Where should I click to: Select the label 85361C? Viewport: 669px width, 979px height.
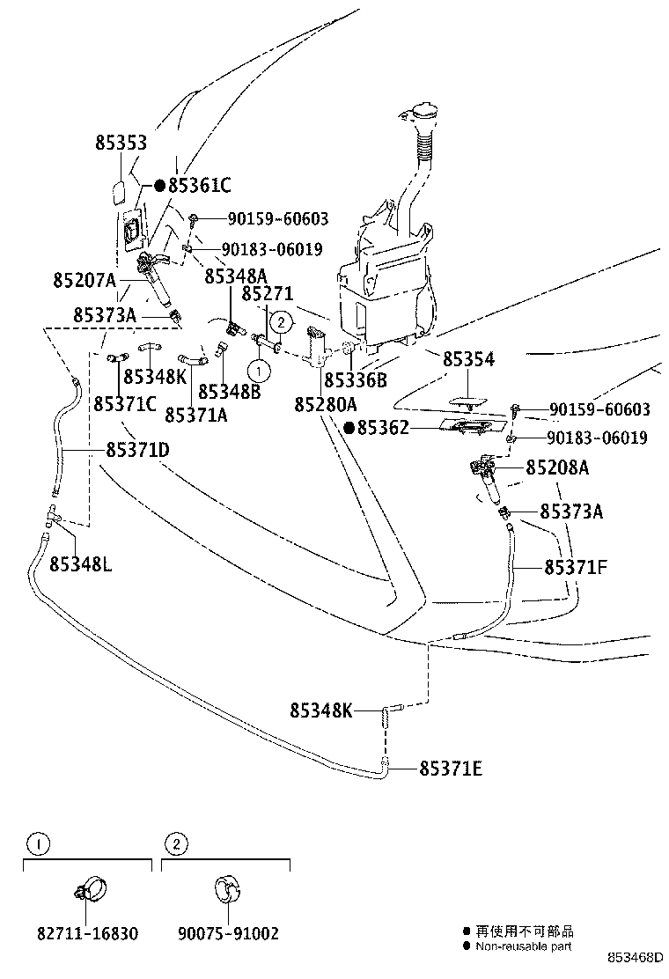199,186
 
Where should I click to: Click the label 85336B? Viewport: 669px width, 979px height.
356,380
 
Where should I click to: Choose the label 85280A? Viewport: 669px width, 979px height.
326,404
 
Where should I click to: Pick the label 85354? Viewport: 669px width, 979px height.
468,360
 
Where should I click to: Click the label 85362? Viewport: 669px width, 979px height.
383,429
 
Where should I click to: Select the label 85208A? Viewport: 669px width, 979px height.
557,467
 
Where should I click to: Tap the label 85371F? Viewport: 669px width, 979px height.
576,568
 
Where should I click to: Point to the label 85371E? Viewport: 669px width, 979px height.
451,769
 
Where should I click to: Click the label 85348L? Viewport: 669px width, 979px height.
80,563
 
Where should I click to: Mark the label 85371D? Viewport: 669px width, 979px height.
138,450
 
